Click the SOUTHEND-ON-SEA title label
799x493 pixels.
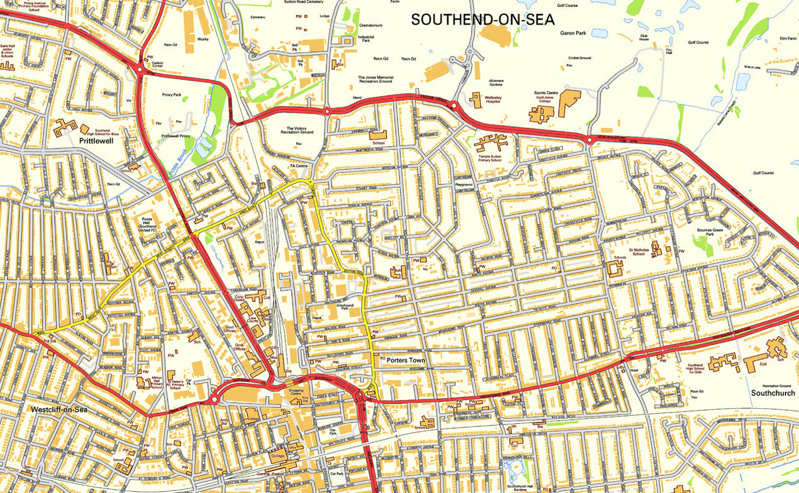click(x=483, y=19)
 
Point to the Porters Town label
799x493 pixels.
click(x=406, y=360)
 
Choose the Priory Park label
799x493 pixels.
click(x=171, y=95)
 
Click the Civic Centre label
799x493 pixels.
click(x=239, y=297)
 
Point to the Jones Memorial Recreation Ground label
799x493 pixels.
click(x=376, y=79)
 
